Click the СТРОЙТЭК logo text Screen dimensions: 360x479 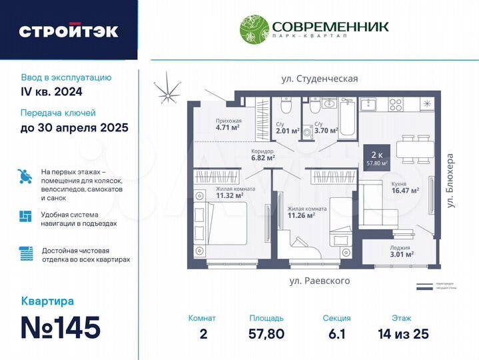(68, 31)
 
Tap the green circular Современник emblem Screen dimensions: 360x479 (254, 29)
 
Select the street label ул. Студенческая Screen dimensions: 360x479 (319, 79)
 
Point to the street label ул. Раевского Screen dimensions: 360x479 (319, 281)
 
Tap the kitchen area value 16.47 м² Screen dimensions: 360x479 (405, 190)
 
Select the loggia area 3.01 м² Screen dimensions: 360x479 (402, 254)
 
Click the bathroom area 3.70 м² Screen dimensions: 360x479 (326, 131)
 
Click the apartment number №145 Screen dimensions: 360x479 (61, 327)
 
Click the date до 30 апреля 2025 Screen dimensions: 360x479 (74, 127)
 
